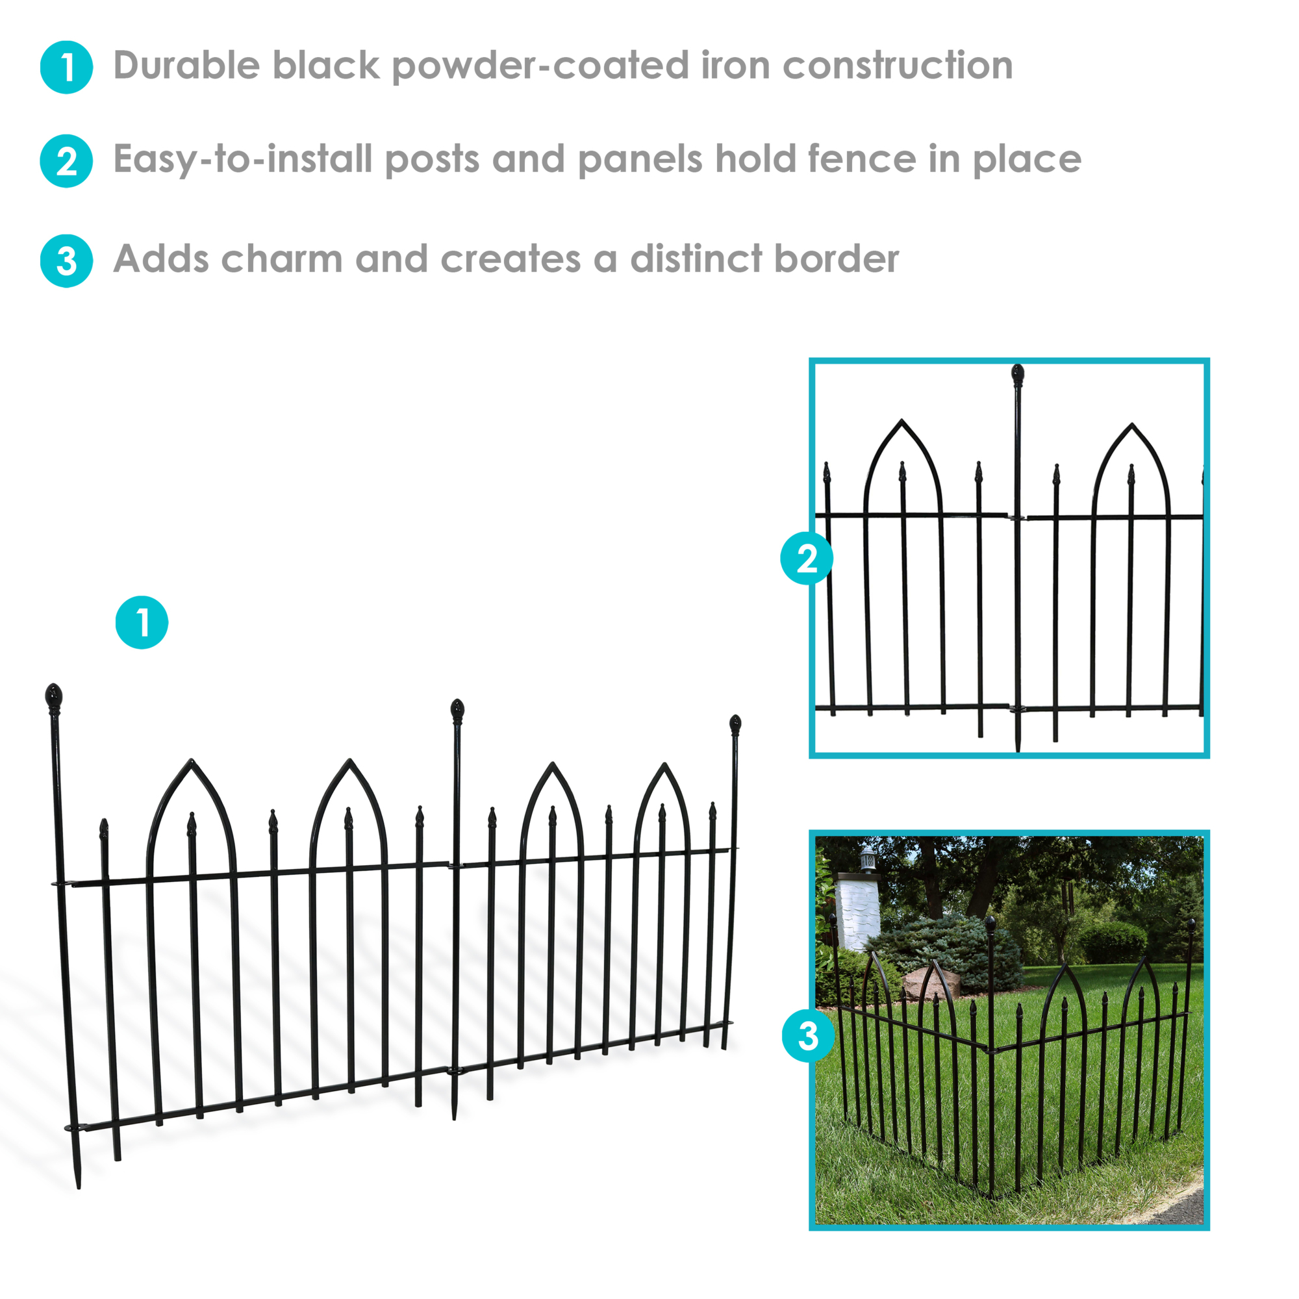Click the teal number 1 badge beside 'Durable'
click(66, 68)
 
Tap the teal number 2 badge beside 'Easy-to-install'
click(66, 161)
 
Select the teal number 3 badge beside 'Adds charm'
click(66, 261)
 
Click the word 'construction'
click(898, 66)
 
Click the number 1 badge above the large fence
click(142, 622)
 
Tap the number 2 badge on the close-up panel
click(807, 558)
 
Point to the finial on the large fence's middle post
click(457, 711)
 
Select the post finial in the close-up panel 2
click(1017, 375)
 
